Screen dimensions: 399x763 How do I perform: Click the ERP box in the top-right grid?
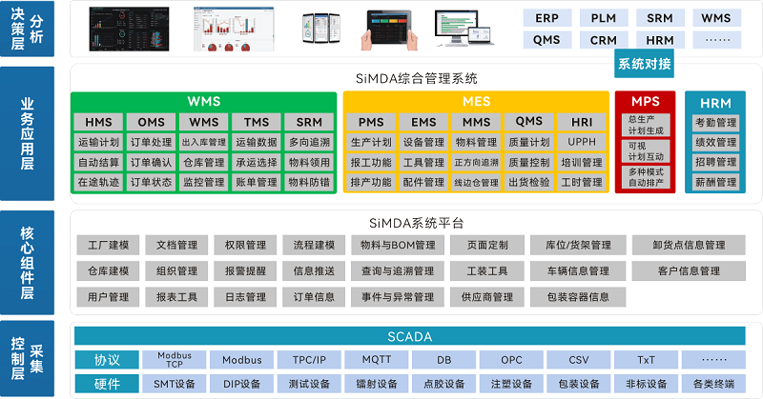(546, 18)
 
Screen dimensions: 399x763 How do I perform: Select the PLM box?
(603, 18)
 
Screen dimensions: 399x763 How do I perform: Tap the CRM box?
(603, 40)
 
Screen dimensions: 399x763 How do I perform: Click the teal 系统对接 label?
(644, 64)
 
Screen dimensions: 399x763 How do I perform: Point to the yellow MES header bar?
(475, 101)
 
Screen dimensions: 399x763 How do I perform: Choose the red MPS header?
(645, 101)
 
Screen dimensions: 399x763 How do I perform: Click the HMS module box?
(98, 122)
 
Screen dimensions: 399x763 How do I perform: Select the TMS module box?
(256, 122)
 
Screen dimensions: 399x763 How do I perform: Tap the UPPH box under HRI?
(581, 142)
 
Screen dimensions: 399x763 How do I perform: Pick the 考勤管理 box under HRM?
(715, 123)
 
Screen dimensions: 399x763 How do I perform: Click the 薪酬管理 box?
(715, 182)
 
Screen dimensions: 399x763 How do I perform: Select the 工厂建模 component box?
(108, 245)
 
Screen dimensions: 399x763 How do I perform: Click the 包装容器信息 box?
(578, 297)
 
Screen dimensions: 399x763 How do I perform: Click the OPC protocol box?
(511, 360)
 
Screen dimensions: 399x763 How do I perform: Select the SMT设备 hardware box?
(174, 384)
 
